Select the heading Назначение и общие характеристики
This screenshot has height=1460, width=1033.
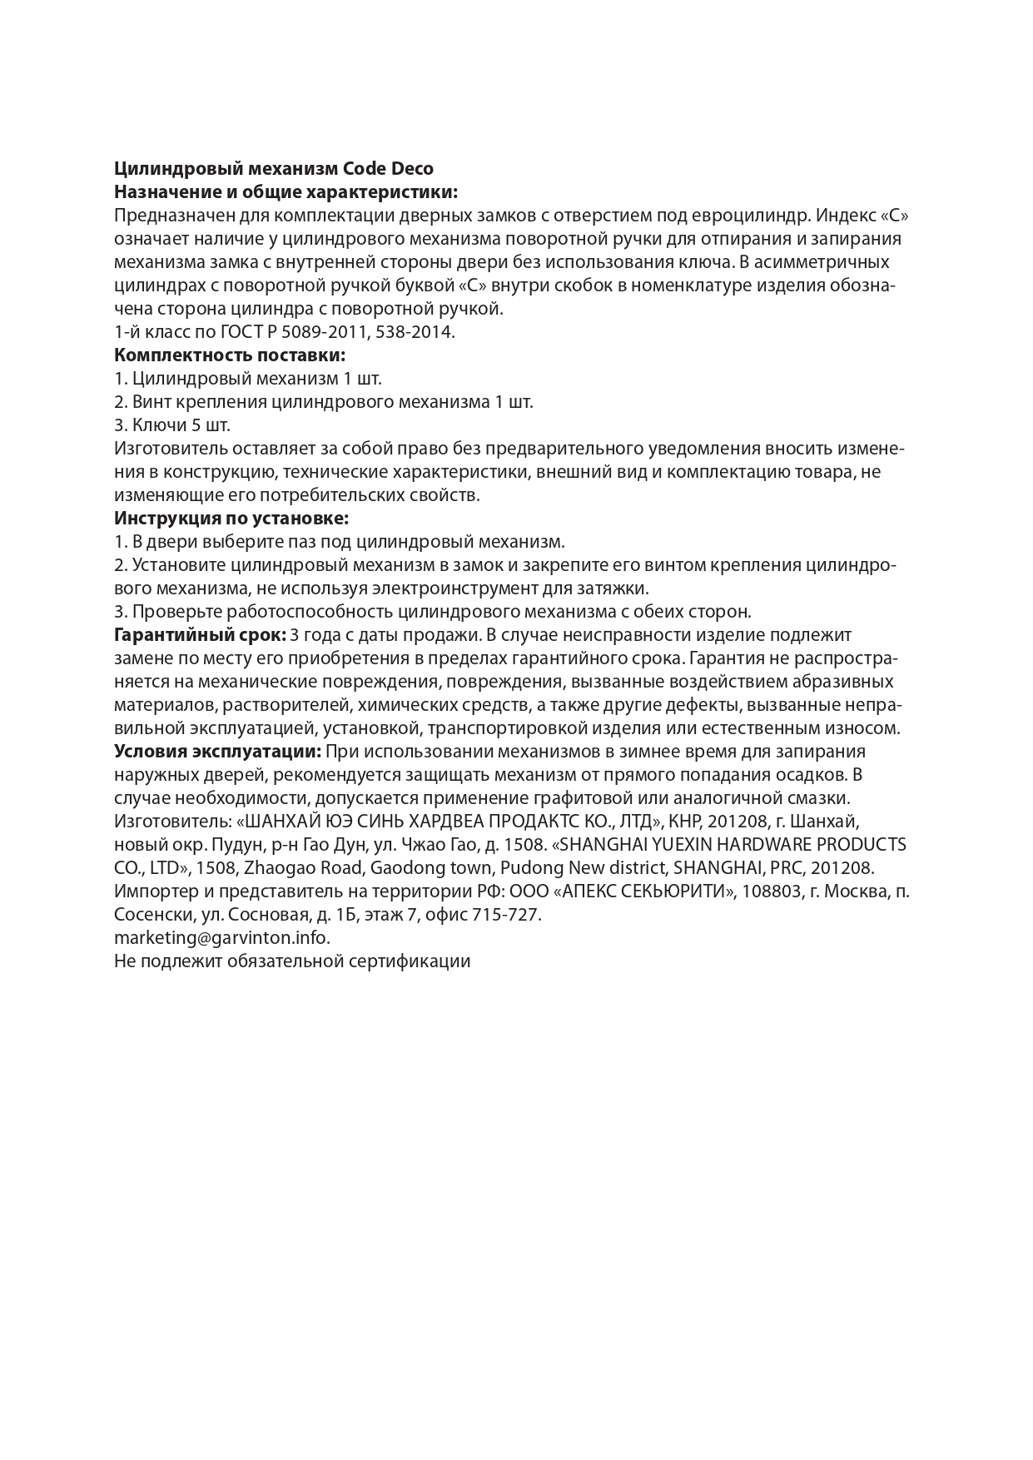pyautogui.click(x=286, y=192)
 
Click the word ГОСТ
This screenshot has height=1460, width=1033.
pyautogui.click(x=242, y=332)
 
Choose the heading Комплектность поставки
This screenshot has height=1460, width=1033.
pyautogui.click(x=230, y=355)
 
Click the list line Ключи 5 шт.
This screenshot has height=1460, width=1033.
pyautogui.click(x=172, y=425)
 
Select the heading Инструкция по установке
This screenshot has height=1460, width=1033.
pyautogui.click(x=231, y=519)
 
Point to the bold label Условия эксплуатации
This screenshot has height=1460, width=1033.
pyautogui.click(x=217, y=752)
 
